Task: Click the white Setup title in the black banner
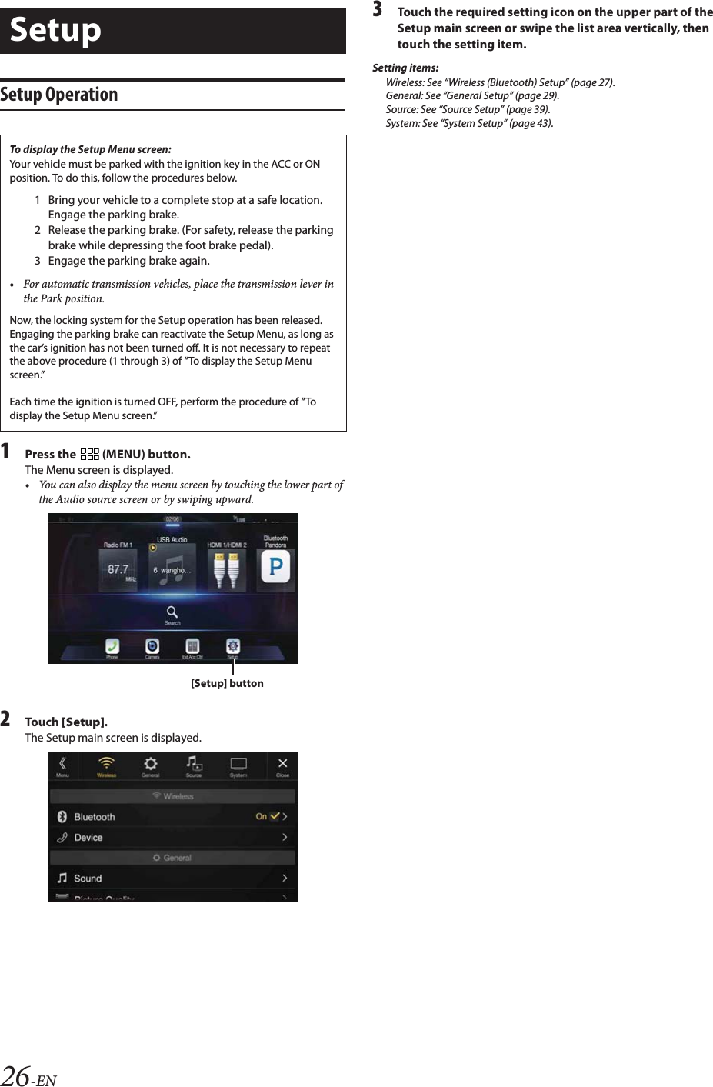point(55,31)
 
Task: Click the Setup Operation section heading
point(59,95)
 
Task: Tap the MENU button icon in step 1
point(89,455)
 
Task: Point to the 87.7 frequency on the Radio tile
point(118,570)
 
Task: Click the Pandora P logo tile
point(275,568)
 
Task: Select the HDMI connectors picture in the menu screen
point(226,570)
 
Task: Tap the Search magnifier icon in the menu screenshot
point(172,612)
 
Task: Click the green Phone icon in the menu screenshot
point(112,646)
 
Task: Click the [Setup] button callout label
point(227,683)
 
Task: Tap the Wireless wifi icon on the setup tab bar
point(106,763)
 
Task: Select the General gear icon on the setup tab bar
point(151,763)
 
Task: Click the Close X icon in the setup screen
point(282,763)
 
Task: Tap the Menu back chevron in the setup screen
point(62,763)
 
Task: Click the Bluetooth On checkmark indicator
point(274,816)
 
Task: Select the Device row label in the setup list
point(88,838)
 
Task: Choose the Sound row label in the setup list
point(88,879)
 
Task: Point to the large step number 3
point(378,10)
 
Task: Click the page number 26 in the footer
point(15,1075)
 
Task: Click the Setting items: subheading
point(405,68)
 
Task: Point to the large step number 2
point(6,719)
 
